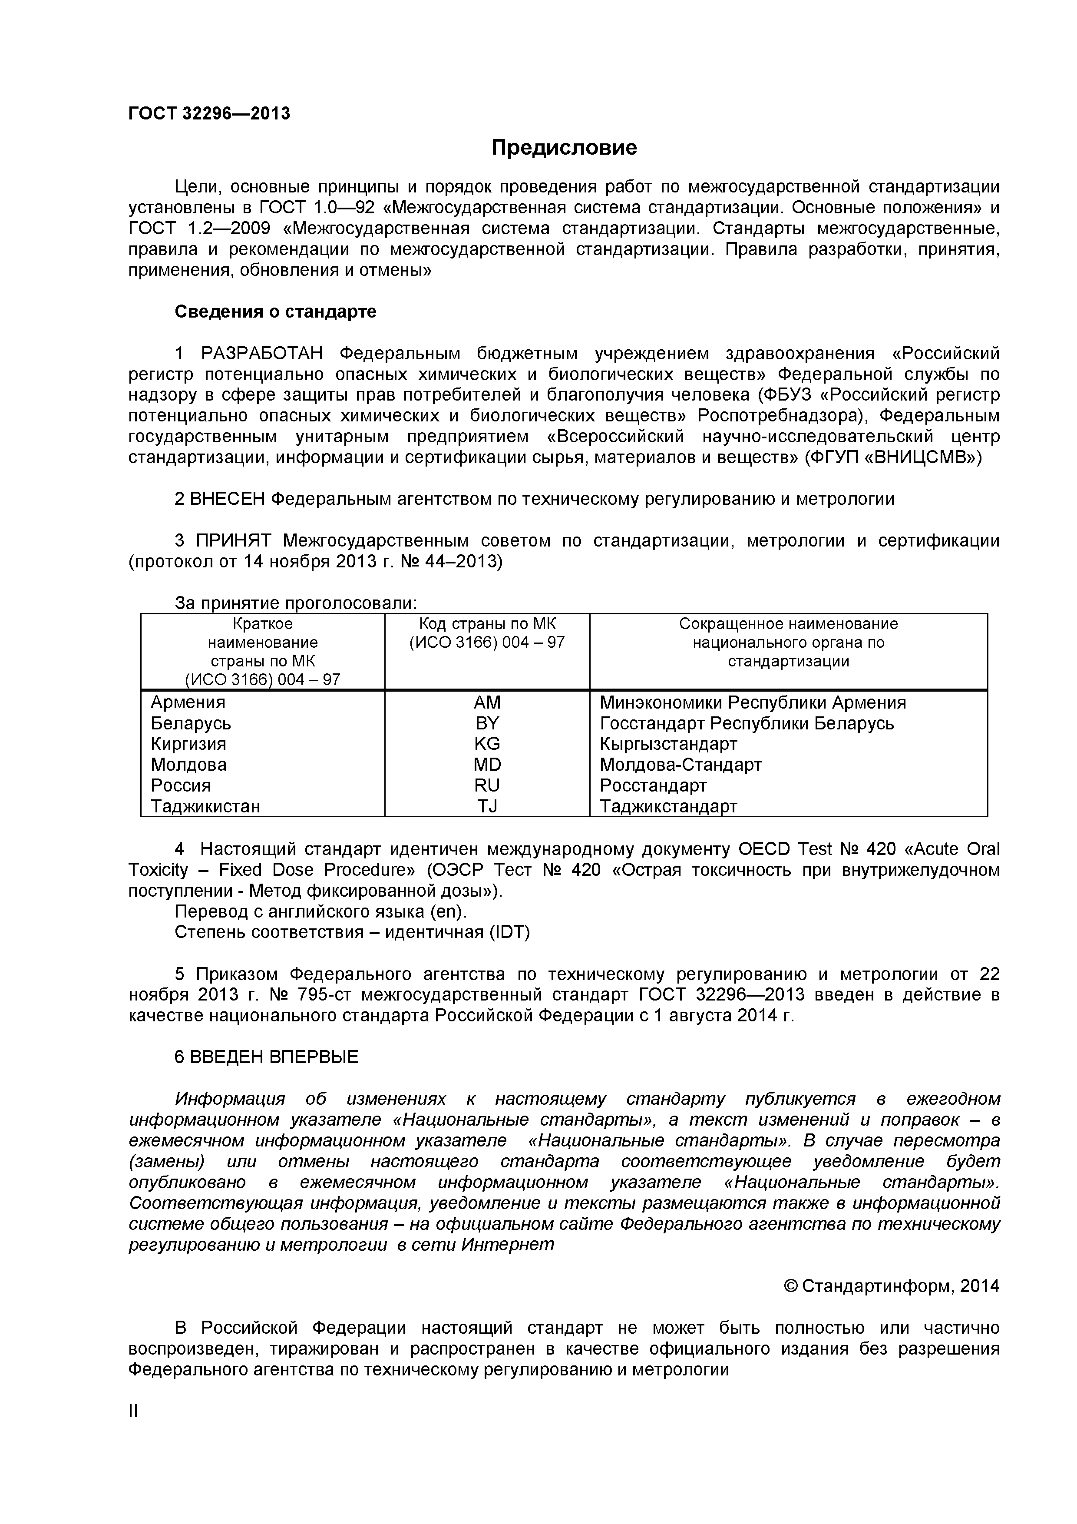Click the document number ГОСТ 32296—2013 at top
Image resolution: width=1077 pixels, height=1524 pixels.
[209, 113]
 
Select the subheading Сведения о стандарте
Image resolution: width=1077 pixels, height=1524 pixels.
[275, 311]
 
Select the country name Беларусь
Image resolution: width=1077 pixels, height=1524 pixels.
[191, 723]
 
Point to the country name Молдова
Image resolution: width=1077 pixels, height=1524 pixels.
[188, 765]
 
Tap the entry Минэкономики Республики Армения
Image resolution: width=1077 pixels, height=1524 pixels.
[753, 702]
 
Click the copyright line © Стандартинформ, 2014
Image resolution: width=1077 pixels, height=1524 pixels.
[891, 1286]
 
